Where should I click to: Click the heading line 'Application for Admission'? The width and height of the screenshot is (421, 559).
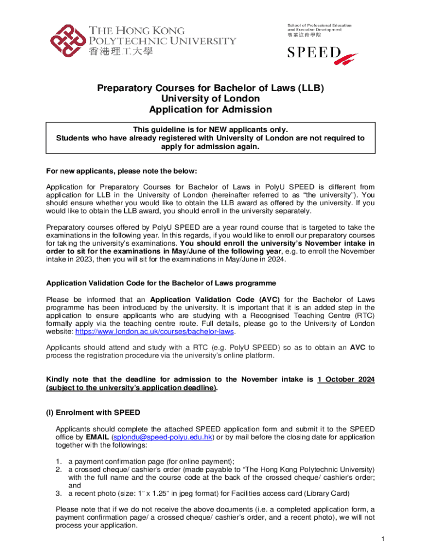pyautogui.click(x=210, y=110)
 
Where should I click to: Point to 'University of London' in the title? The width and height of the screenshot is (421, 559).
pyautogui.click(x=210, y=99)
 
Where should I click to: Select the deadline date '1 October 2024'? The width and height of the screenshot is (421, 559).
pyautogui.click(x=346, y=379)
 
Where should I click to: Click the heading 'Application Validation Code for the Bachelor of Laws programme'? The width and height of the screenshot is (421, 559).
pyautogui.click(x=161, y=283)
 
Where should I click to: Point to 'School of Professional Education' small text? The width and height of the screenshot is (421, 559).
pyautogui.click(x=319, y=26)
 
